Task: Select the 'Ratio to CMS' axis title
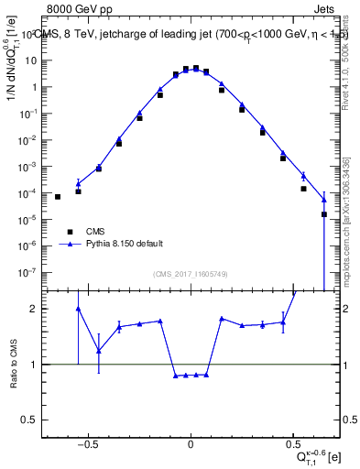13,364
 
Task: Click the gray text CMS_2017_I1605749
191,274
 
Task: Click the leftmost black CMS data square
58,197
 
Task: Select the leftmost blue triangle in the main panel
78,183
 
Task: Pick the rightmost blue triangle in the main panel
324,199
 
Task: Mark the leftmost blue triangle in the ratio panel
78,309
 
